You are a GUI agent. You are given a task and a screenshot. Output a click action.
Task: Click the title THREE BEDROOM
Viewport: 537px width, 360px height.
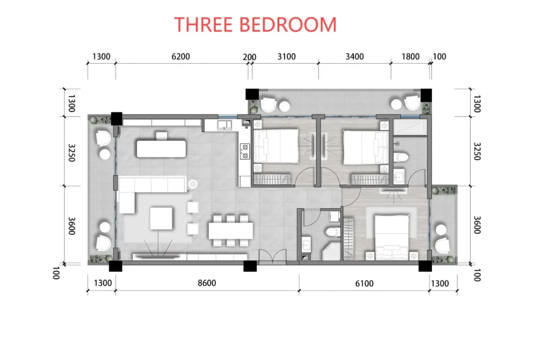(x=256, y=25)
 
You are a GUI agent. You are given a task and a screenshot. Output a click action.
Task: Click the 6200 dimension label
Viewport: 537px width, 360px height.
(x=180, y=56)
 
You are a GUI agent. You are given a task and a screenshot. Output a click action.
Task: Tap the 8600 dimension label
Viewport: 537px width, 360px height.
(x=207, y=283)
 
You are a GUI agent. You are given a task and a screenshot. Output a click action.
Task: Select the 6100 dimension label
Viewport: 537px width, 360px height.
(x=364, y=283)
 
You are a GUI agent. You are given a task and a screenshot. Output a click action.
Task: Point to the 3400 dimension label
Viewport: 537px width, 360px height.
(x=354, y=56)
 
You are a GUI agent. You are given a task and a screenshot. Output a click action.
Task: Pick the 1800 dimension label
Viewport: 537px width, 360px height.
(x=410, y=56)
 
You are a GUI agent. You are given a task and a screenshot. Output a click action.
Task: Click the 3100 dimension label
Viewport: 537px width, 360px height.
(x=286, y=56)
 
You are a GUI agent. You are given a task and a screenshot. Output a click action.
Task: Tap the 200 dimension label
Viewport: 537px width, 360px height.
(x=249, y=57)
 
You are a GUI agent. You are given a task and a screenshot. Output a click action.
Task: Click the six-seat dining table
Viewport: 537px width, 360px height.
(x=230, y=231)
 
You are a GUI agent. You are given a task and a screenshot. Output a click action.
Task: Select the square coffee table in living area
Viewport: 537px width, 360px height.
(x=161, y=218)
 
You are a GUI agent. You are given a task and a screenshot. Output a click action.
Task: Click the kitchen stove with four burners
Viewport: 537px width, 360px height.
(x=245, y=152)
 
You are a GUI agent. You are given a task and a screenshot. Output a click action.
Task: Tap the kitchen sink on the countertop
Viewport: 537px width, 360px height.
(x=224, y=125)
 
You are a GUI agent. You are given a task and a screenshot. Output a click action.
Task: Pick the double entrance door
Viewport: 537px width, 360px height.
(x=272, y=257)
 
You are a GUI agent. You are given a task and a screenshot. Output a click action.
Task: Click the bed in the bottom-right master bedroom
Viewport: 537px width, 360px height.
(x=392, y=237)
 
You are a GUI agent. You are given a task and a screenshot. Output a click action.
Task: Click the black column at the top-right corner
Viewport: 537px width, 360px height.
(x=426, y=95)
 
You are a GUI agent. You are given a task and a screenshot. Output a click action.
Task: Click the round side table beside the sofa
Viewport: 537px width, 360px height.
(x=193, y=184)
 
